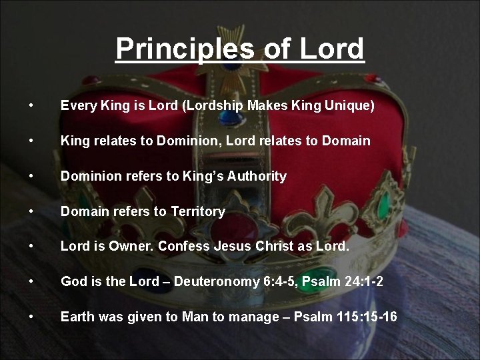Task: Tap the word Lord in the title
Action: [332, 49]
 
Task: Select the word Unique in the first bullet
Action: [347, 105]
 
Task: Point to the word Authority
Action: [257, 176]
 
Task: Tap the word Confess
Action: [184, 246]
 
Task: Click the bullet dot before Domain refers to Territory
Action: [31, 211]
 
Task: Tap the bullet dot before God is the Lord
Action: [31, 281]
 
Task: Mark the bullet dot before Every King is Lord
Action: [31, 105]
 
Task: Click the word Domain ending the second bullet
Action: [346, 141]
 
